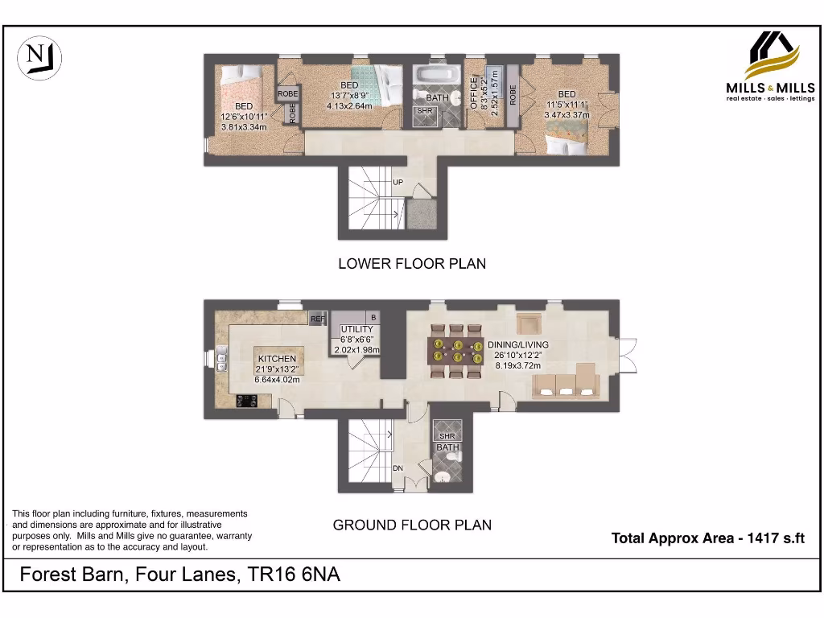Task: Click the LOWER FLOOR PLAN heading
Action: point(411,263)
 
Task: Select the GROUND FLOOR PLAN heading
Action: point(412,525)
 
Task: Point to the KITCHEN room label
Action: point(277,359)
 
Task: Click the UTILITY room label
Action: point(356,330)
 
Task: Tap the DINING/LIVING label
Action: point(515,345)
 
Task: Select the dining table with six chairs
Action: point(456,351)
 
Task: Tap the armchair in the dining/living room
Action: point(529,323)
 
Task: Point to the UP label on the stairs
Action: point(398,183)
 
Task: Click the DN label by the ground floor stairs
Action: point(398,468)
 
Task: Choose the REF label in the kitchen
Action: point(318,319)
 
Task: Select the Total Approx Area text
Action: point(707,538)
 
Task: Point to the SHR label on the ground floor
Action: point(447,436)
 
